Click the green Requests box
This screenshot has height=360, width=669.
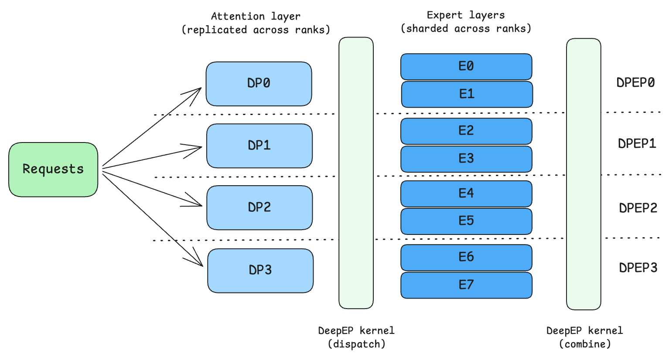pos(53,169)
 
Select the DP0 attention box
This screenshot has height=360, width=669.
pos(259,84)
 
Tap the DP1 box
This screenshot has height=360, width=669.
pos(259,146)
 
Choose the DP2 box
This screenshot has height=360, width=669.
pos(259,207)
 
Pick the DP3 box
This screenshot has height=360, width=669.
pos(260,271)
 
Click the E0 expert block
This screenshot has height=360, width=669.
pos(466,66)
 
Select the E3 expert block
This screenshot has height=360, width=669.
pos(466,159)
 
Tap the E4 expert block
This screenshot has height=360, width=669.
pos(466,194)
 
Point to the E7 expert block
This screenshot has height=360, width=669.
pos(466,285)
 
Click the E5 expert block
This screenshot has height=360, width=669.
pos(466,221)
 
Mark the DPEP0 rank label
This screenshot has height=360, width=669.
pos(635,83)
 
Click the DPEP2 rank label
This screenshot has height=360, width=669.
pos(638,208)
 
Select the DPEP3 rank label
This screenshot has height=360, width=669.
pos(638,268)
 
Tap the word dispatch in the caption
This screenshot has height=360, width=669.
pos(357,344)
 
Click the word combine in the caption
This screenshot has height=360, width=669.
pos(585,344)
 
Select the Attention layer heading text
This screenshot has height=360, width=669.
pos(256,17)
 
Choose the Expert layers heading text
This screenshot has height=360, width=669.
pos(466,15)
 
